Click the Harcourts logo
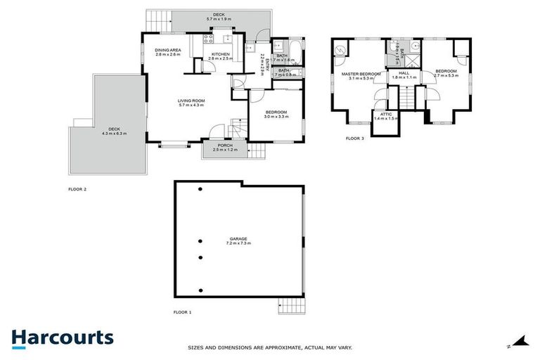(63, 337)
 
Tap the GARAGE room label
(238, 239)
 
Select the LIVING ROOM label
(191, 101)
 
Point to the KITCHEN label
(221, 54)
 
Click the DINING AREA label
(169, 50)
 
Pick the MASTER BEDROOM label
(361, 74)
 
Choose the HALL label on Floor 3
(404, 72)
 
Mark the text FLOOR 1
(182, 311)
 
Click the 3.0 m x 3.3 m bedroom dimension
(276, 117)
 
